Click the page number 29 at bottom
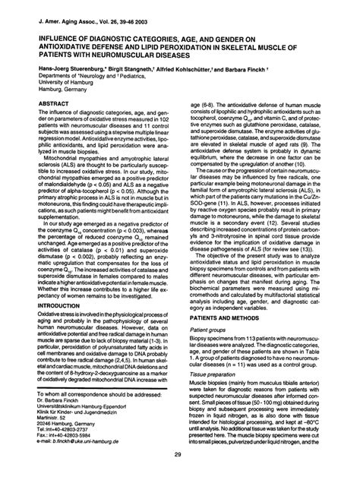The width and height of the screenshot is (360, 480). tap(179, 453)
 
